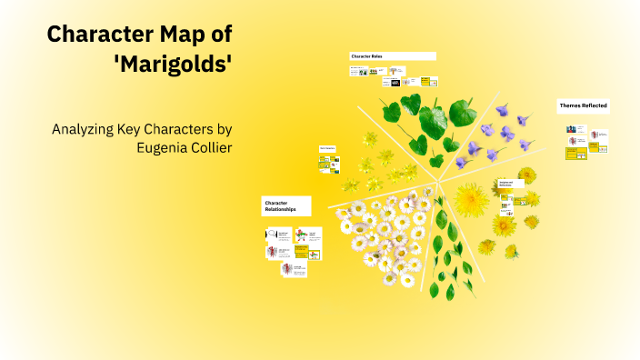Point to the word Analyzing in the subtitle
click(x=85, y=129)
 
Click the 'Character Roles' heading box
click(x=392, y=56)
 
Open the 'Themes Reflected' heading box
click(x=583, y=106)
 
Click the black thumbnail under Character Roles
click(x=395, y=83)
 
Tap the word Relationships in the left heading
click(x=280, y=210)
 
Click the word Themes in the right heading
click(x=569, y=106)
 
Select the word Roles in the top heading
click(x=376, y=56)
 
